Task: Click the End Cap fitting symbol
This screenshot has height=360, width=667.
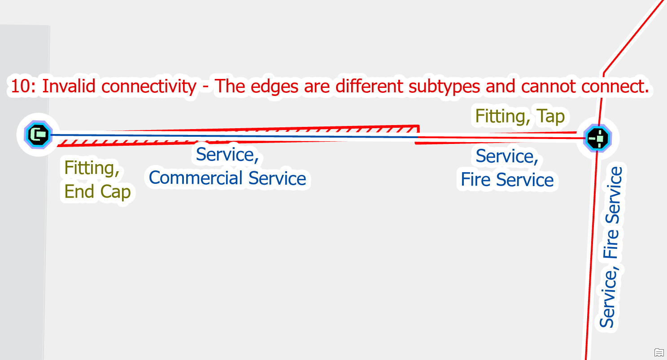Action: pyautogui.click(x=39, y=134)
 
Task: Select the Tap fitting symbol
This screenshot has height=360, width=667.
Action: pyautogui.click(x=597, y=138)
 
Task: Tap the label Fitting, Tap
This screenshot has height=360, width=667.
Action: pyautogui.click(x=519, y=117)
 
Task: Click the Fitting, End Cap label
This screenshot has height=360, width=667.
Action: pyautogui.click(x=97, y=179)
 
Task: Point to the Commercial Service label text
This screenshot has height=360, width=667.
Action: pyautogui.click(x=227, y=178)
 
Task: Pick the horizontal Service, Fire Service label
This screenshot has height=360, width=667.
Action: pyautogui.click(x=507, y=168)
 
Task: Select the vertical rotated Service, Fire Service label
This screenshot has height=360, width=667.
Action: pyautogui.click(x=611, y=247)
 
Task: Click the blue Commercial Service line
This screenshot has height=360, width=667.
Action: pyautogui.click(x=224, y=135)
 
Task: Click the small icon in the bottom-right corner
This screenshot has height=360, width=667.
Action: pyautogui.click(x=658, y=352)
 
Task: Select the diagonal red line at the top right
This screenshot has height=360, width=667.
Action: pyautogui.click(x=632, y=36)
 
